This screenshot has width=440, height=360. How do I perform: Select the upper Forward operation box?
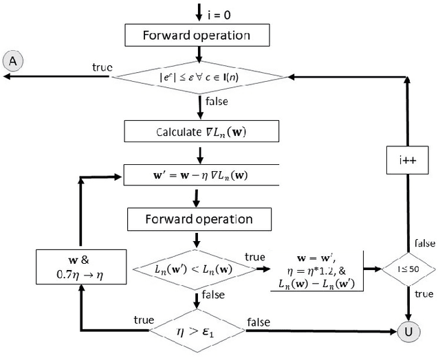197,34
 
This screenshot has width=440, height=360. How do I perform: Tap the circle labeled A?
12,61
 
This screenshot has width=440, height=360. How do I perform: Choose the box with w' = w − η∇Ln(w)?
199,175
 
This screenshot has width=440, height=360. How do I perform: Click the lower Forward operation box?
199,220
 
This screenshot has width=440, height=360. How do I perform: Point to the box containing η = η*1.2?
318,267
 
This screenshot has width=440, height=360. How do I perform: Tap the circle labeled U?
408,332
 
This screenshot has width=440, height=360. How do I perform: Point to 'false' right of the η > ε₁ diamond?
258,322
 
